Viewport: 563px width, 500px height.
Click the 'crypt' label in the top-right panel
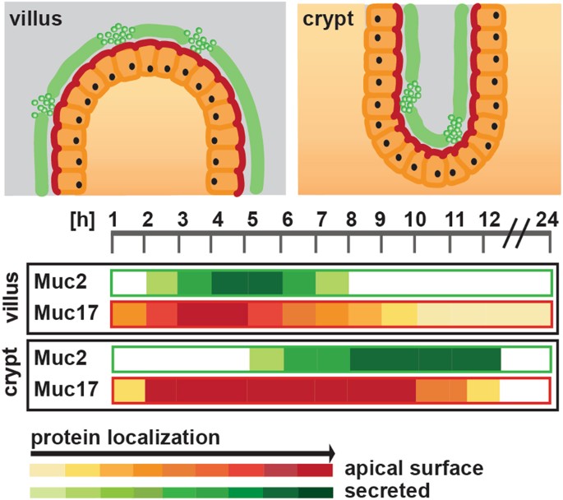tap(327, 18)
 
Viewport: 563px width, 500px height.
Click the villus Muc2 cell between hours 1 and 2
tap(129, 281)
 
